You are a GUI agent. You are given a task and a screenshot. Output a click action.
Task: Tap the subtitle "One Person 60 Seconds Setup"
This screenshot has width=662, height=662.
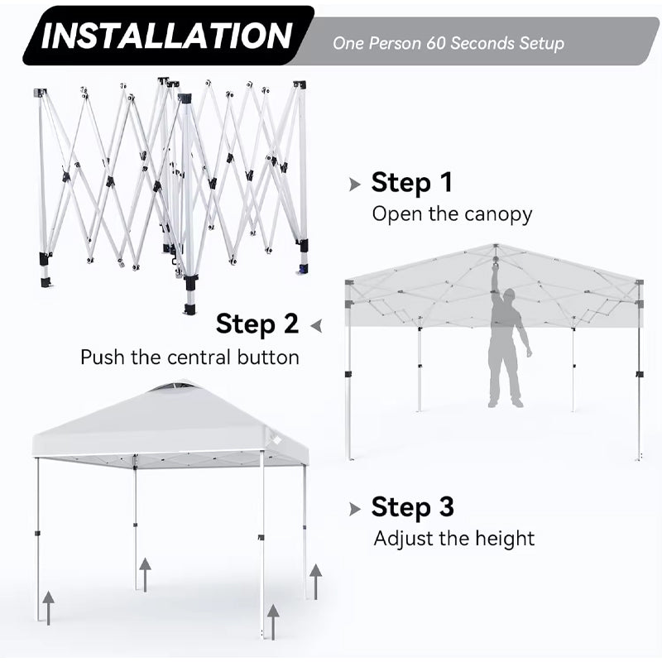(x=449, y=43)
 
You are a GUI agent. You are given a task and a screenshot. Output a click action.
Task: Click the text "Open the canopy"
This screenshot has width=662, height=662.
(x=452, y=214)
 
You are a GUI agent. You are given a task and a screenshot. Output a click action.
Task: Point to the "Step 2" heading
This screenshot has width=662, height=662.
(x=257, y=324)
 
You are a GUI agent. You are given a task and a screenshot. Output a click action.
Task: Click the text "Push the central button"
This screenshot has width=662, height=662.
(x=189, y=357)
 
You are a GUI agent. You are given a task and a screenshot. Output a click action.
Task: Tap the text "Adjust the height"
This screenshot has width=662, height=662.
(x=453, y=539)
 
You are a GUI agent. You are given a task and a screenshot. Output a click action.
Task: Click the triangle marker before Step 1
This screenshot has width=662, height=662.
(x=355, y=184)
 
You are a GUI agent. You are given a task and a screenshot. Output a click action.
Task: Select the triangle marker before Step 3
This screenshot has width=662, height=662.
(x=355, y=508)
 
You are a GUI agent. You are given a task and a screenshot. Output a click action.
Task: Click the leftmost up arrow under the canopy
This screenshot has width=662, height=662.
(x=49, y=607)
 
